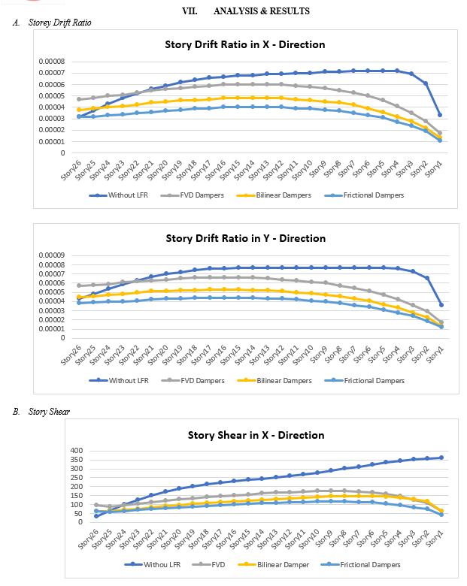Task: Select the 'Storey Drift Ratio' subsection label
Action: pos(59,23)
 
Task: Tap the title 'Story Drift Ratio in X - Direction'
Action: pos(245,44)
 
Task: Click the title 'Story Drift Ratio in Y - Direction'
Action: pos(245,238)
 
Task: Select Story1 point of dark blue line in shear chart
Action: pos(441,458)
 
